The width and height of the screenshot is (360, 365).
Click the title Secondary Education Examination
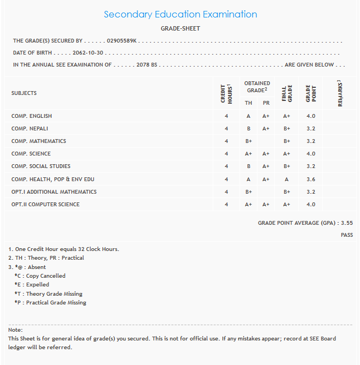[180, 15]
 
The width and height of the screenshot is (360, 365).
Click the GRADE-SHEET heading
[180, 28]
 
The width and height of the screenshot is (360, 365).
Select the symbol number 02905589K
[122, 41]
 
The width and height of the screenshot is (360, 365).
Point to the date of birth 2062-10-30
[88, 53]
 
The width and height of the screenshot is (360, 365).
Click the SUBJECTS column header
[24, 93]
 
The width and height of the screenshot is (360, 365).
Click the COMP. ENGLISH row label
[32, 116]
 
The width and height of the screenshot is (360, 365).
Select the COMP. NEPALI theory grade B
[248, 129]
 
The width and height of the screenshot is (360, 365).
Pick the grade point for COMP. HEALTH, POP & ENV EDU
[311, 179]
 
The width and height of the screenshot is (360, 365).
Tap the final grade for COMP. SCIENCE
[286, 154]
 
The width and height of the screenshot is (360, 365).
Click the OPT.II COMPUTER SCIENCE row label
[45, 205]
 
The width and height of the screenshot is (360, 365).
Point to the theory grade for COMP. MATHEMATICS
[248, 141]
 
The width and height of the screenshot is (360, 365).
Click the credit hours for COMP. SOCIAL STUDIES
[226, 166]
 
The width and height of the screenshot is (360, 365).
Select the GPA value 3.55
[346, 223]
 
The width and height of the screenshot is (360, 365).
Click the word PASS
[346, 235]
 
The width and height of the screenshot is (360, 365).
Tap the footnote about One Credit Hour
[63, 249]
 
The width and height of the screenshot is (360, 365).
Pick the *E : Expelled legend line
[32, 285]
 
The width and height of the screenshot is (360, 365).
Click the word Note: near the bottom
[15, 330]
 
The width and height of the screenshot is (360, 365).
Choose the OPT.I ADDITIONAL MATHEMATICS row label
[54, 192]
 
